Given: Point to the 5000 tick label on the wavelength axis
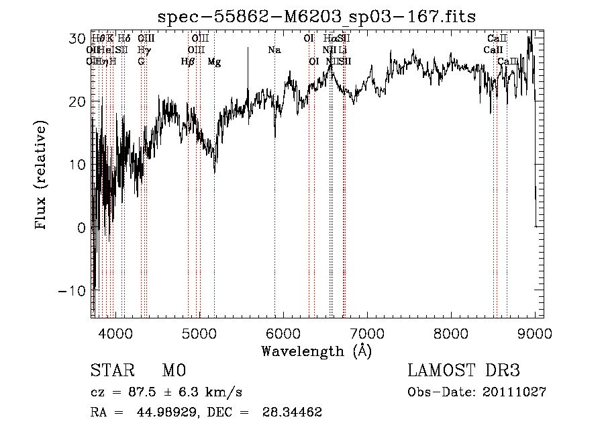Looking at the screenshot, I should point(199,333).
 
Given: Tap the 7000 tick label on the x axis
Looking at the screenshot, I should point(366,333).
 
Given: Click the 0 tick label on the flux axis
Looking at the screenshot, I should point(81,228).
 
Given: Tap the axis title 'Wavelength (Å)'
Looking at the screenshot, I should point(316,351).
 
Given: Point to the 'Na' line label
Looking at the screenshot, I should point(274,50).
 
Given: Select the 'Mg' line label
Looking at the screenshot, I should point(214,62).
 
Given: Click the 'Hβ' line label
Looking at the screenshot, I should point(188,62).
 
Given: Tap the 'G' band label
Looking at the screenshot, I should point(141,62).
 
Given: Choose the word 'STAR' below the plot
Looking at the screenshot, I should point(113,371).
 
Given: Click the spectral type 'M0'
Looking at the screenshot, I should point(173,371).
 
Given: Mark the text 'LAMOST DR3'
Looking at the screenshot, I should point(464,371).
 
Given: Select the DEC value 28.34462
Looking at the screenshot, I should point(293,412).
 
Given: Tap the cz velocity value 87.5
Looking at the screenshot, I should point(144,392).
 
